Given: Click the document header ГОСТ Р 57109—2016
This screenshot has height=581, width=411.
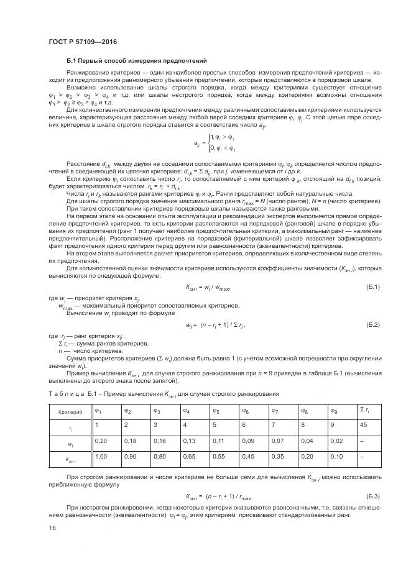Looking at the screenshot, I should click(82, 42).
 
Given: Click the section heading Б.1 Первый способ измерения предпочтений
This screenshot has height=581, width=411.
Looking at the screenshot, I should click(136, 60).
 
